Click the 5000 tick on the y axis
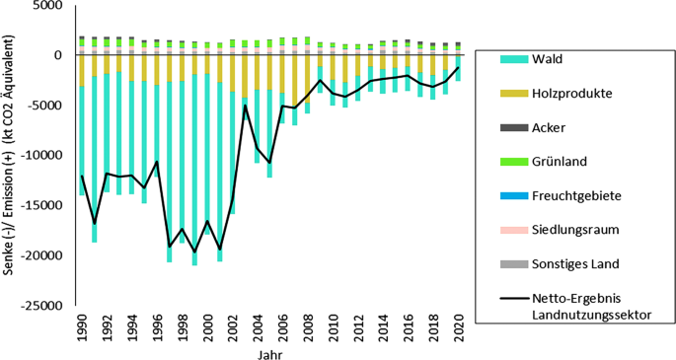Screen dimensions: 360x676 (45, 6)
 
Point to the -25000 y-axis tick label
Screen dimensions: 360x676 (40, 306)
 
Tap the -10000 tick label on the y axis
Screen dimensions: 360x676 (40, 156)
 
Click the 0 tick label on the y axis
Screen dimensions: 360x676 (59, 55)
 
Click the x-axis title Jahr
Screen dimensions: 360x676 (268, 352)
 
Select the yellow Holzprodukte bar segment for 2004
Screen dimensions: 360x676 (258, 73)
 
